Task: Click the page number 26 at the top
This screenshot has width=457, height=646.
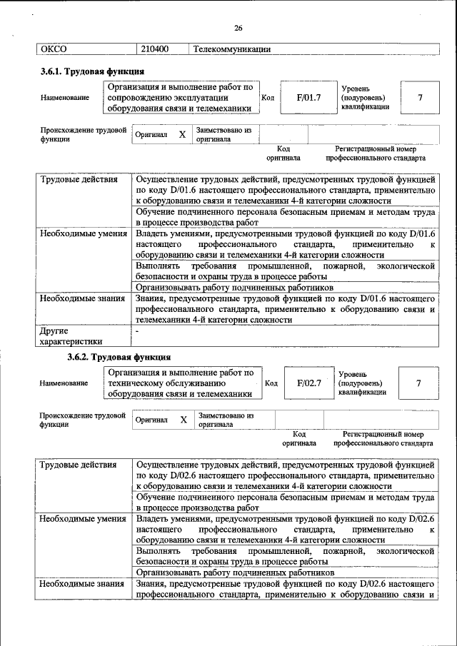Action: (x=238, y=28)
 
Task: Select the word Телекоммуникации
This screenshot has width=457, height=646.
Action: (x=231, y=49)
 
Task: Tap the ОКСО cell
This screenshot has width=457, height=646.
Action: (x=54, y=49)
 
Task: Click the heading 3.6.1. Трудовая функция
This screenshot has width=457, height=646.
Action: (x=92, y=71)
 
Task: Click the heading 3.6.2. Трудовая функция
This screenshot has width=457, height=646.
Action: (x=119, y=357)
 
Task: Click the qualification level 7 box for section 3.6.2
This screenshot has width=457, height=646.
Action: (x=418, y=383)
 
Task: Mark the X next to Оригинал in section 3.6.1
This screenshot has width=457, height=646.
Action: (x=182, y=134)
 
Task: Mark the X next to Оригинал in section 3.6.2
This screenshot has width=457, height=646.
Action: (x=184, y=420)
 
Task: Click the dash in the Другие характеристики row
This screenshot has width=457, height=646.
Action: (x=139, y=331)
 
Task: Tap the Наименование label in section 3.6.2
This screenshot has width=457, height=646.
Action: (x=64, y=383)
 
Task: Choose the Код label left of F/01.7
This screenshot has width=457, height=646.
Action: (x=268, y=97)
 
